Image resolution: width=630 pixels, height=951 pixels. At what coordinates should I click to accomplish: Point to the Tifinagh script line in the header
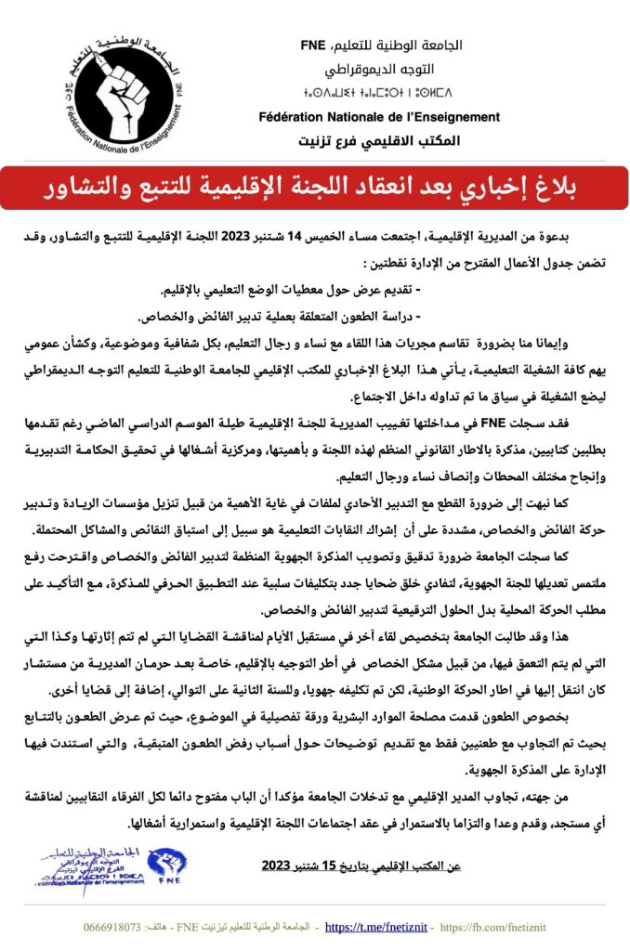383,93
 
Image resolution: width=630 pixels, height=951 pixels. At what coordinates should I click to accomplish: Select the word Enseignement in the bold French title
455,117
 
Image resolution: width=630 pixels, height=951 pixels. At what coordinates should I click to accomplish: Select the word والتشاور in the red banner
89,188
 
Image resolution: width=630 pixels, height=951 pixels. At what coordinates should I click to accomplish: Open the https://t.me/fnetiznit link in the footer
376,927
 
